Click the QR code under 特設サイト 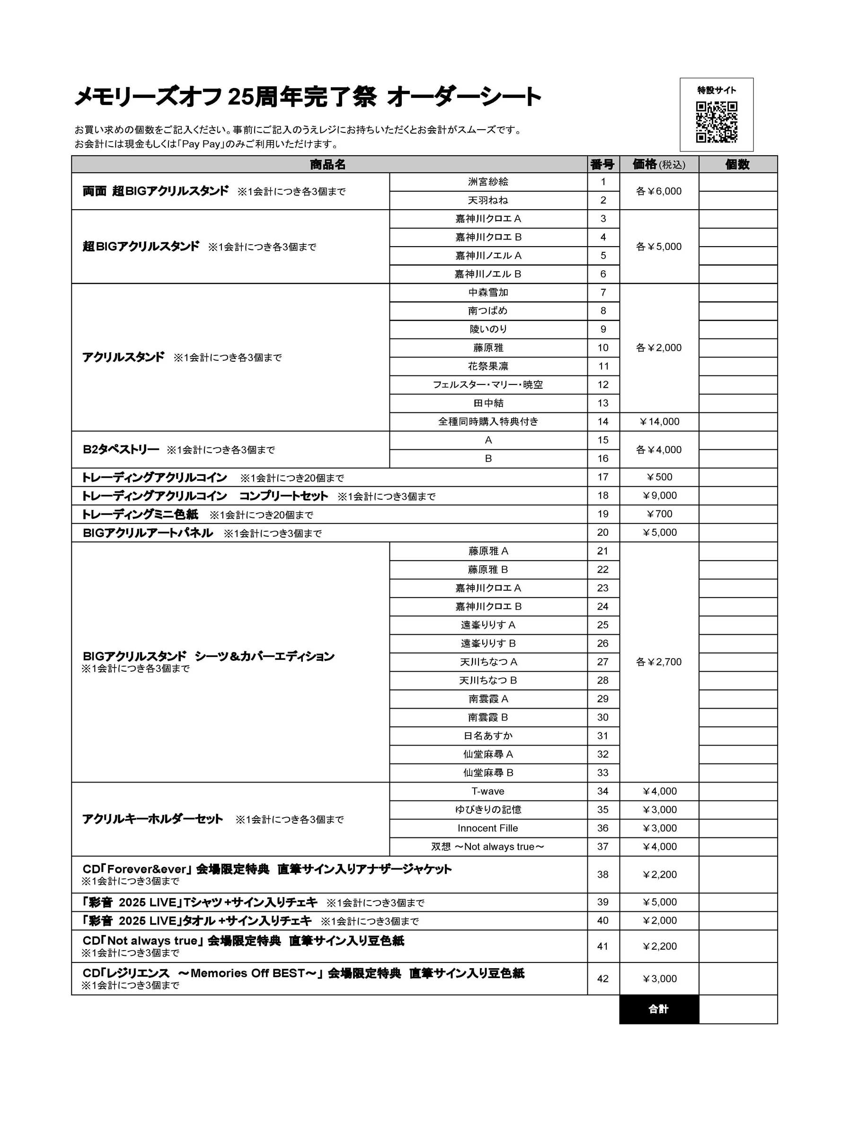(x=716, y=122)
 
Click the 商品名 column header (x=328, y=164)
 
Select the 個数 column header (x=737, y=164)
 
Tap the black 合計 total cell (x=658, y=1009)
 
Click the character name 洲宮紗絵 (x=488, y=182)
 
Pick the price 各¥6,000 (x=658, y=191)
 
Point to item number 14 (x=603, y=421)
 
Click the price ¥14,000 (x=659, y=421)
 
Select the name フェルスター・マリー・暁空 (x=488, y=385)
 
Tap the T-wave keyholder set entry (x=488, y=792)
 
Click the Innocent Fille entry (x=488, y=828)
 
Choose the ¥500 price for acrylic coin (x=659, y=477)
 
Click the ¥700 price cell (x=659, y=514)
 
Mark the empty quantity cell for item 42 (x=738, y=979)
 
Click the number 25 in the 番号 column (x=603, y=625)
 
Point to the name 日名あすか (x=488, y=736)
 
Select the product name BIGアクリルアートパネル (x=148, y=533)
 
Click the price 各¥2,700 (x=658, y=662)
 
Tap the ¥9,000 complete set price (x=659, y=496)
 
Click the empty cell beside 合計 (x=738, y=1009)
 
